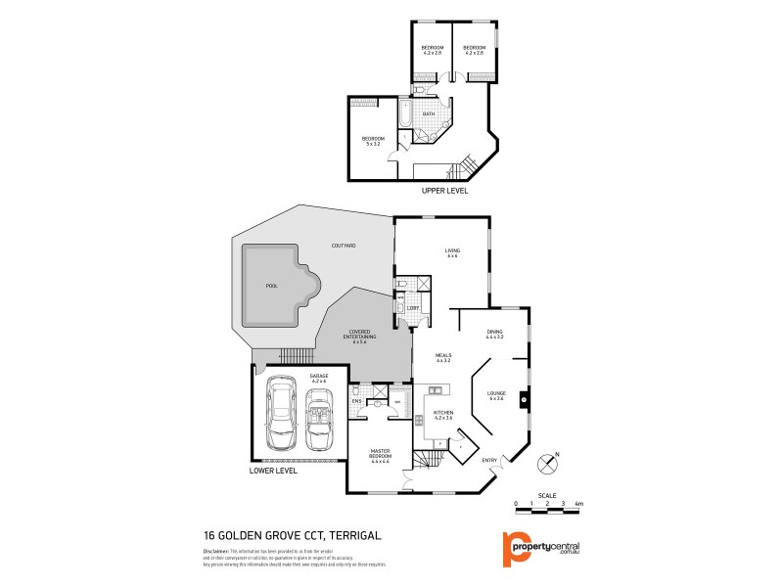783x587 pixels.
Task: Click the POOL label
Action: (x=271, y=287)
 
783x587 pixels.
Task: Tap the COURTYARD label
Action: (x=343, y=246)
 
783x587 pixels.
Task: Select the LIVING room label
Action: (x=453, y=253)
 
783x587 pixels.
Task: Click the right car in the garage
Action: (x=319, y=417)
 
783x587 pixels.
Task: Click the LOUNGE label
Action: (x=496, y=394)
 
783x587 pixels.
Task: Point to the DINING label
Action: (x=495, y=335)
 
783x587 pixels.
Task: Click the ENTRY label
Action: (x=489, y=461)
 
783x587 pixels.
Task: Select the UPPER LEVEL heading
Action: (x=444, y=191)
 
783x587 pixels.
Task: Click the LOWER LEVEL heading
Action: (x=273, y=471)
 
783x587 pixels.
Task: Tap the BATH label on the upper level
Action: (x=429, y=114)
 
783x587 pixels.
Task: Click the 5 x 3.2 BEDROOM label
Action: (x=373, y=141)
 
